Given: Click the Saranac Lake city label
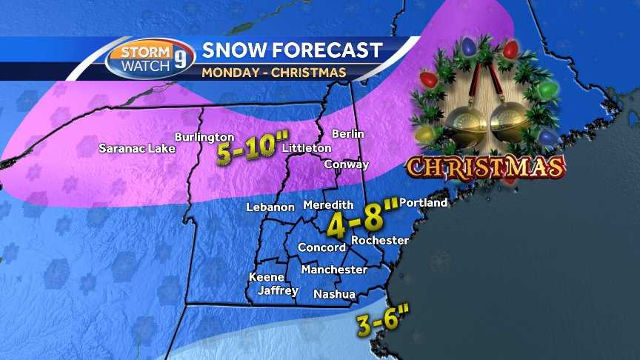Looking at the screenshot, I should tap(137, 148).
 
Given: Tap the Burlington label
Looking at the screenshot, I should tap(204, 137).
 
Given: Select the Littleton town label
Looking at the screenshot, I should tap(307, 148).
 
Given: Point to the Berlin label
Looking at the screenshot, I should tap(348, 134).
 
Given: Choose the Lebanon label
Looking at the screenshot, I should tap(271, 207).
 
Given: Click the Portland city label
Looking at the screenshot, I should tap(424, 202).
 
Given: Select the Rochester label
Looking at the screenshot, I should tap(380, 240).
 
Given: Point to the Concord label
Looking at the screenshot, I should tap(321, 247).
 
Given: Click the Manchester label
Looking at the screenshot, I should tap(334, 270).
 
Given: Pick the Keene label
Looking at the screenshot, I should tap(265, 276).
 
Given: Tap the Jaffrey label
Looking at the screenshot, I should tap(278, 290).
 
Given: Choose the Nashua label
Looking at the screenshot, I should tap(334, 294).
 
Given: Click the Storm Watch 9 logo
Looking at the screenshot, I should tap(150, 59).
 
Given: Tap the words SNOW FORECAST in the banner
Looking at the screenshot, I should tap(292, 50).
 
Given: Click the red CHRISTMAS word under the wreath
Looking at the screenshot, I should tap(486, 167).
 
